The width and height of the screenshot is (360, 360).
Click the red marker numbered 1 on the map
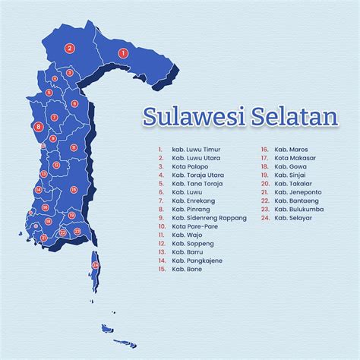122,53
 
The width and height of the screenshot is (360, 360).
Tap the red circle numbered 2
69,48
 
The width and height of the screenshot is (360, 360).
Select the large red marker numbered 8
39,127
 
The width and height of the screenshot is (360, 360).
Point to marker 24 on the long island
95,264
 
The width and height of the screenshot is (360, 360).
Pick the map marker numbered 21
44,238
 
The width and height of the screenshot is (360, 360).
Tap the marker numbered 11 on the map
74,147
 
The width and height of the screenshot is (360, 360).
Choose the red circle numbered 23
77,232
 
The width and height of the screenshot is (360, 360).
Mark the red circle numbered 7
55,118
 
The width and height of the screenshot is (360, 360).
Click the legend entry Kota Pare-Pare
192,226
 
